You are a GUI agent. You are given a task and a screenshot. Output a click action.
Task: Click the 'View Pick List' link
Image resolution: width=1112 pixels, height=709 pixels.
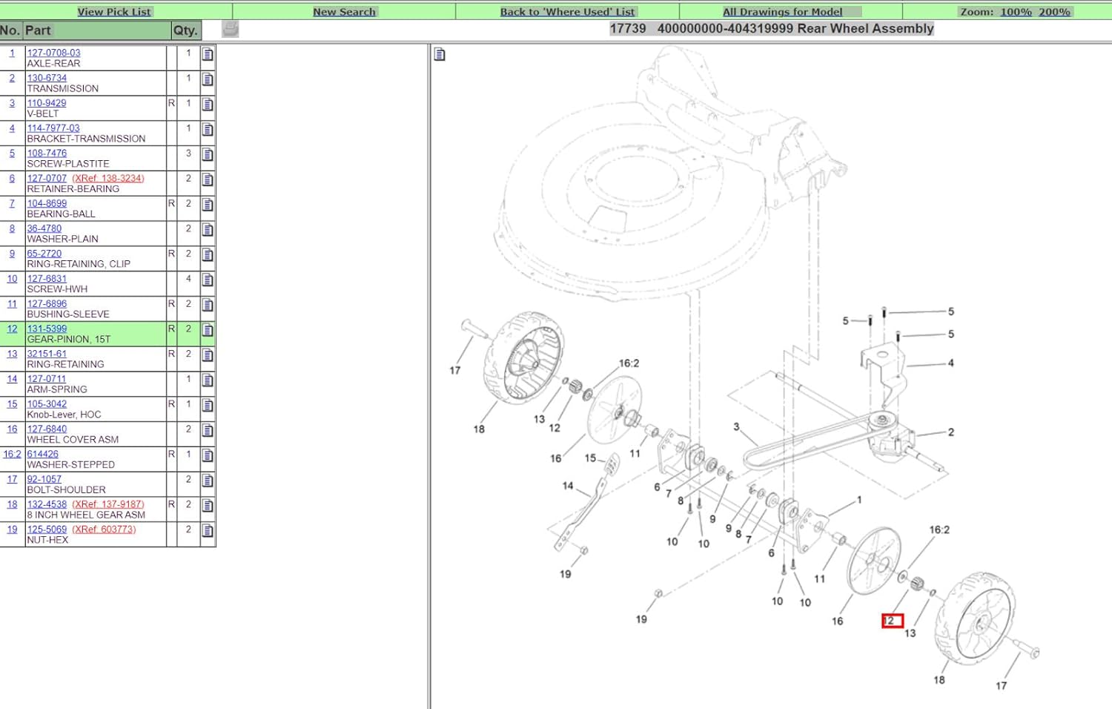(114, 12)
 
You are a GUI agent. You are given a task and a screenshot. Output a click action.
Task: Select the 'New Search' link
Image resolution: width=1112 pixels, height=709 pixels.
(344, 12)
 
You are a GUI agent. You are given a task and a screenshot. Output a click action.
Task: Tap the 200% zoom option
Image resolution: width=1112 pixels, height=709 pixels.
(1054, 12)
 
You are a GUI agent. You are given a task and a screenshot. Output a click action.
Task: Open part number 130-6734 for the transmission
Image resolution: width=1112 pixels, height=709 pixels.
(47, 78)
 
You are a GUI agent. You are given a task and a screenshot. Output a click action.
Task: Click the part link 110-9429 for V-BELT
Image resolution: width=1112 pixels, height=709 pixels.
(47, 103)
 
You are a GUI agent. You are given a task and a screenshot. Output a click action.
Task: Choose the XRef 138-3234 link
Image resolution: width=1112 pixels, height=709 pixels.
(108, 178)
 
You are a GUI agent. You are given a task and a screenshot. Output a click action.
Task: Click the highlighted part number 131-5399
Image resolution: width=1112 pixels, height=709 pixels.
(47, 329)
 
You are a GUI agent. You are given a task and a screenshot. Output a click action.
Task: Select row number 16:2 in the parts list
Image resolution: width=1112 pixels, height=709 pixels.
(12, 455)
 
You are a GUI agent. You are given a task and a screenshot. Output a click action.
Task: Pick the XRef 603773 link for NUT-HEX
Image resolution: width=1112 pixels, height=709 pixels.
(104, 530)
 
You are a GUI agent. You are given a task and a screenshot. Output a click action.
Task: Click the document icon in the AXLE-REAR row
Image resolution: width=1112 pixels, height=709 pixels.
(208, 54)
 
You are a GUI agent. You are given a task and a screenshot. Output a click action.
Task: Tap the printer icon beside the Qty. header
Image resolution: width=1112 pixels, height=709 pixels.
(230, 29)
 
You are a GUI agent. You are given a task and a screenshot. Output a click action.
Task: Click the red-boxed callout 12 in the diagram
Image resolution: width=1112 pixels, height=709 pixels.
(892, 621)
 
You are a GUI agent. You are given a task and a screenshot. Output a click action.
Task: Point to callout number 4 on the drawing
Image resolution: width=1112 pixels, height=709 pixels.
(950, 363)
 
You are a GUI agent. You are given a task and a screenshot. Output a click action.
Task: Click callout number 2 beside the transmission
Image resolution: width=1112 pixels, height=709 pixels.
(950, 432)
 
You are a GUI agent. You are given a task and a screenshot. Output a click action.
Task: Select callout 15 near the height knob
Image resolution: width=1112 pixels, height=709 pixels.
(590, 458)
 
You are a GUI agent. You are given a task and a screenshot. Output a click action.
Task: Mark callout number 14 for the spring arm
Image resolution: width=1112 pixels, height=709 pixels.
(568, 486)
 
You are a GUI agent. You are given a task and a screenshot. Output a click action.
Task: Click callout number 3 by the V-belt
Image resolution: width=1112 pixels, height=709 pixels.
(736, 426)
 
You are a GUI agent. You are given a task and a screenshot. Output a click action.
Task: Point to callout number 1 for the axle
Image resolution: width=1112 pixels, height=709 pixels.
(859, 499)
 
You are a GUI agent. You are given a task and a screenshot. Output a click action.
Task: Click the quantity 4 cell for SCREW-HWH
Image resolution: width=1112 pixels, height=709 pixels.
(188, 279)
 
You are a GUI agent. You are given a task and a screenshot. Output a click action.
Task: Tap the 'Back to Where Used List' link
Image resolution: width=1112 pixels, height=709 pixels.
(567, 12)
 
